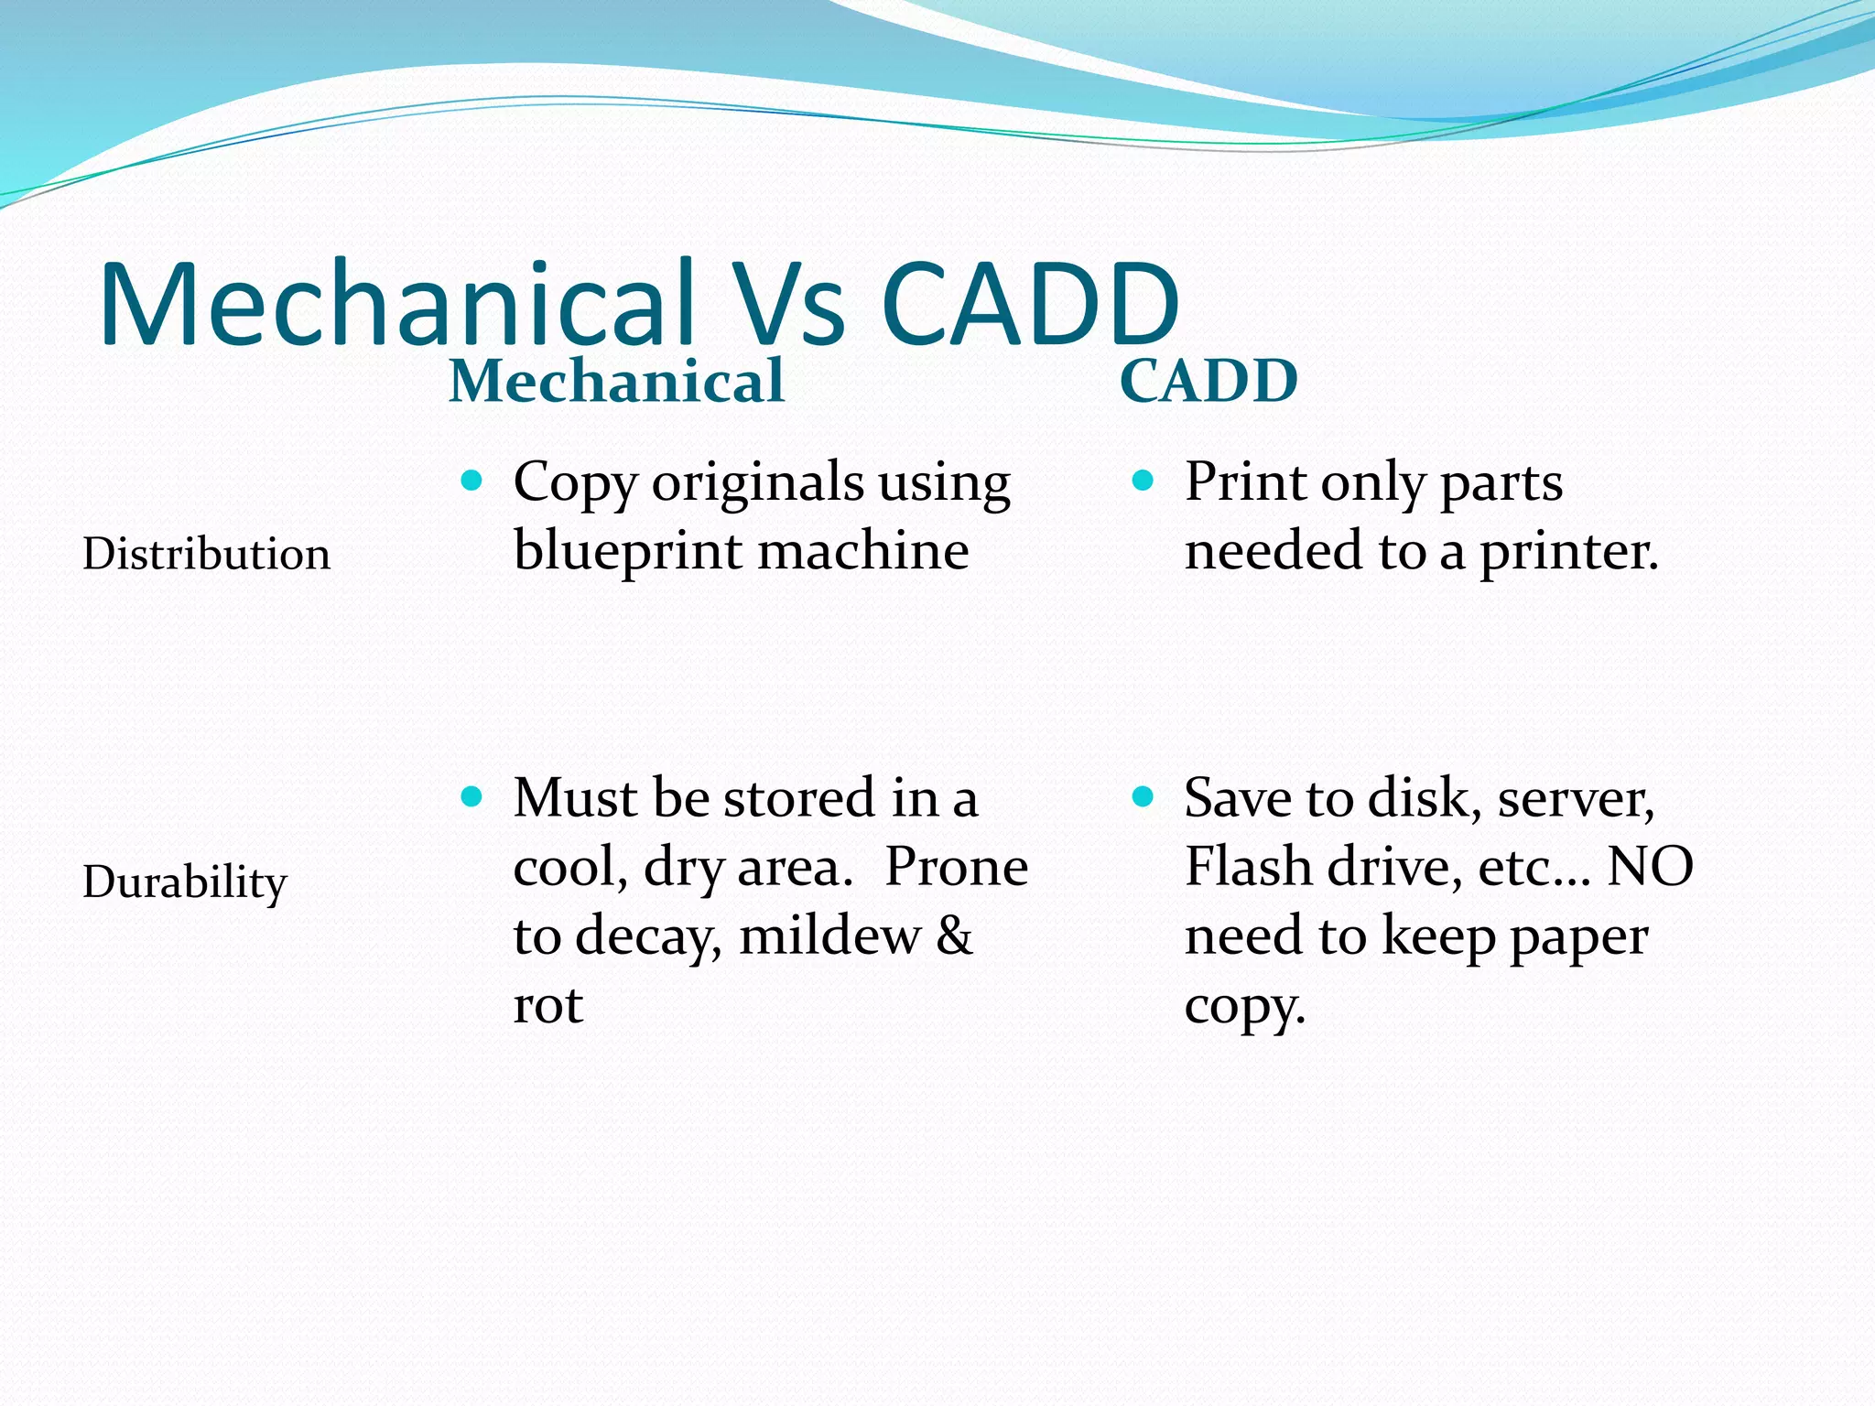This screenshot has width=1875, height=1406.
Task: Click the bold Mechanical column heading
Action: click(616, 381)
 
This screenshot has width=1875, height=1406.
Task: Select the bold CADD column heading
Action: click(1208, 381)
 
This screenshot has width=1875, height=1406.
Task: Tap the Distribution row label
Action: click(206, 554)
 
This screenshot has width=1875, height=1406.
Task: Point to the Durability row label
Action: click(184, 882)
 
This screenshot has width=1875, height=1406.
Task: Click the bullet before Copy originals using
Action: click(471, 481)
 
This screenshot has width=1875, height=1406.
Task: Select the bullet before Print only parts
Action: click(1143, 481)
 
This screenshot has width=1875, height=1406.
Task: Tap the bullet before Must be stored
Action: click(471, 796)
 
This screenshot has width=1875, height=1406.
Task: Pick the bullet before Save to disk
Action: click(1143, 796)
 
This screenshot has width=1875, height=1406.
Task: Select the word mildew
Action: click(829, 936)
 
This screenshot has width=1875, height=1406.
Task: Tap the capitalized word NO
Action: click(1650, 866)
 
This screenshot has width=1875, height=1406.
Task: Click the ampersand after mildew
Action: click(954, 936)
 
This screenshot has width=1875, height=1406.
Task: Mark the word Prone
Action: click(956, 866)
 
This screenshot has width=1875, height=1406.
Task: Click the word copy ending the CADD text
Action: click(1242, 1007)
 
